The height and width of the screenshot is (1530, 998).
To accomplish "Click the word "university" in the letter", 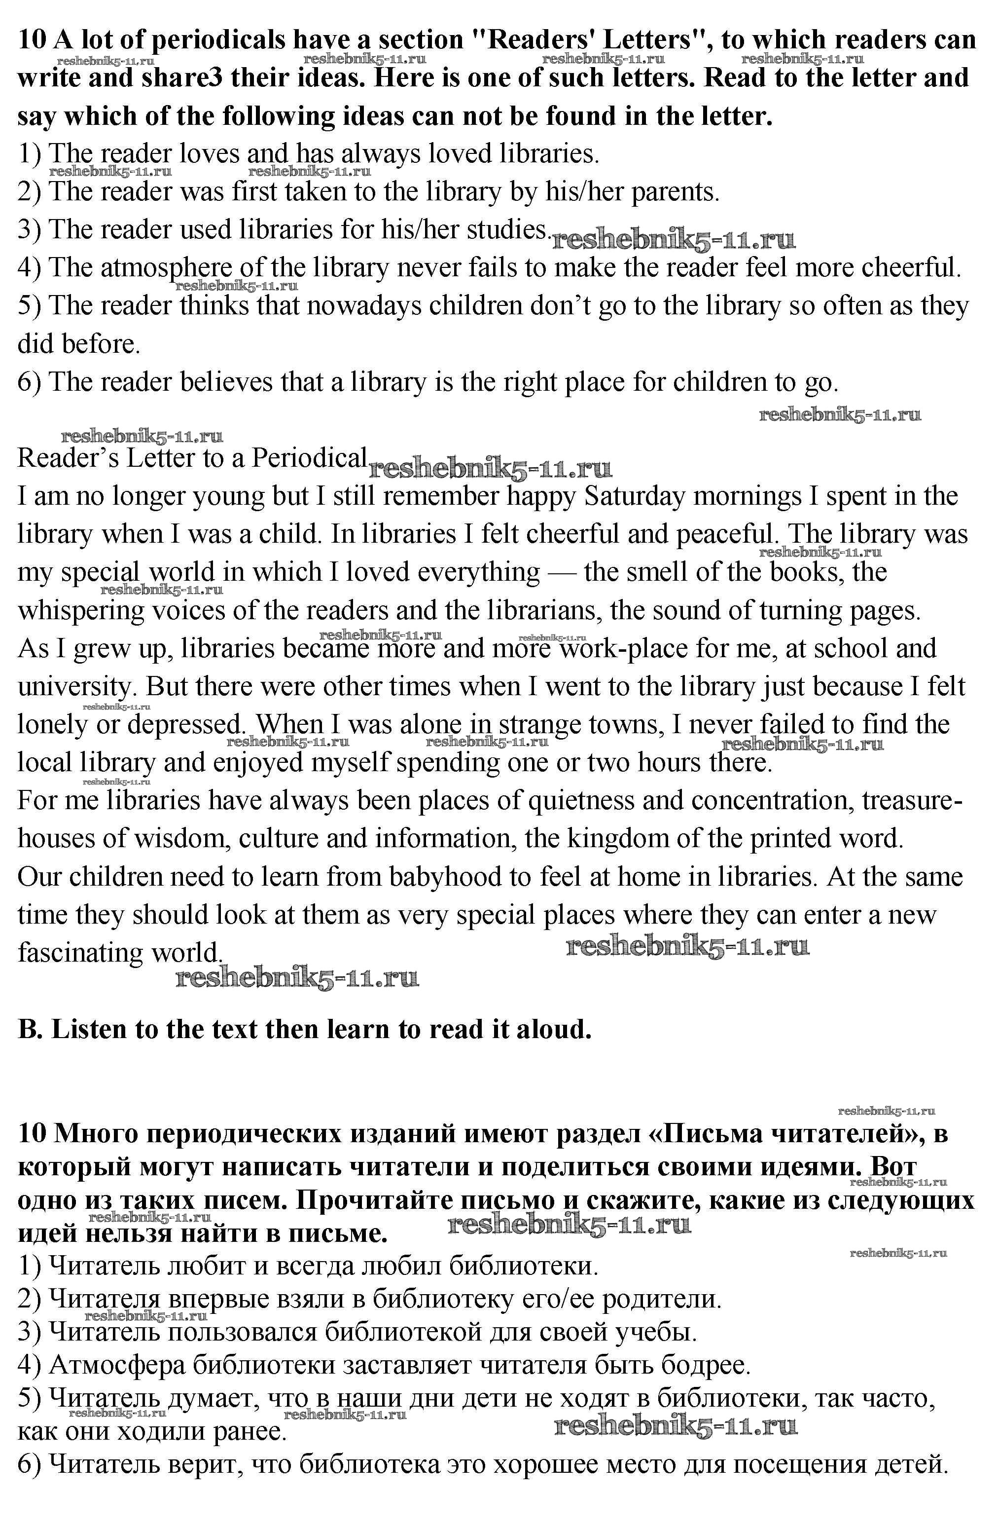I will pos(73,687).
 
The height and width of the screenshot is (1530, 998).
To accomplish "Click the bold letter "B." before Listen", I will pos(30,1030).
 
